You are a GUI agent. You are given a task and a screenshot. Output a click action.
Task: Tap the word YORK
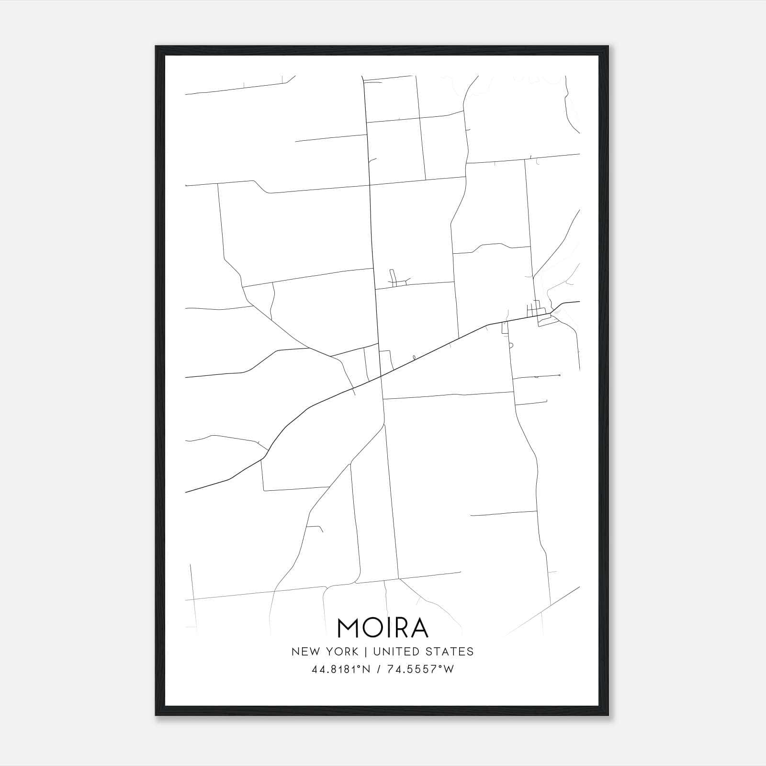(x=342, y=651)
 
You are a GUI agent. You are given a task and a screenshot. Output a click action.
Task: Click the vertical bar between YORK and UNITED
(x=366, y=651)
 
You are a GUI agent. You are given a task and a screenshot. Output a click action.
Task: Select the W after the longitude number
(x=448, y=669)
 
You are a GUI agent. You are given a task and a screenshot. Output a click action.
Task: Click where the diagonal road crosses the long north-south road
(x=381, y=377)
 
